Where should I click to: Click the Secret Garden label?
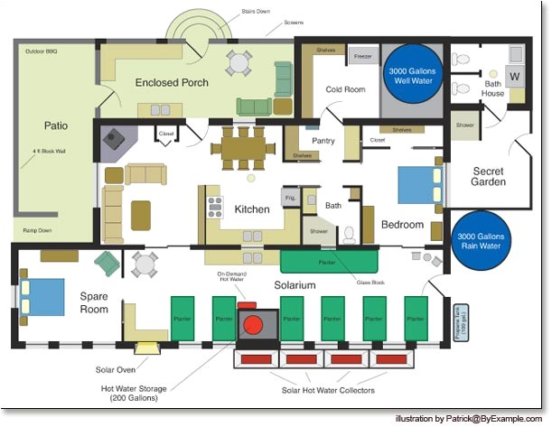[488, 175]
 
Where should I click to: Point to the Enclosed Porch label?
[172, 83]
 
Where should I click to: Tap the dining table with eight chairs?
[243, 147]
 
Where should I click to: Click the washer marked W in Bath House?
[516, 76]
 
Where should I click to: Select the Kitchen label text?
[252, 209]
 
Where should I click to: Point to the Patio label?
[56, 125]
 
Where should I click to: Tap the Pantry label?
[323, 141]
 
